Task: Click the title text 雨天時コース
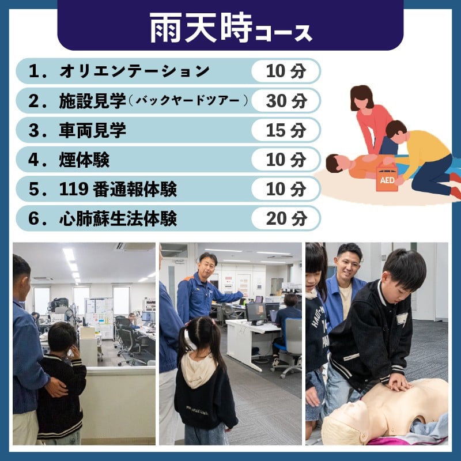[x=231, y=28]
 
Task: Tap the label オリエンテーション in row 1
[x=134, y=71]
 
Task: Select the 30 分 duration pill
[x=286, y=101]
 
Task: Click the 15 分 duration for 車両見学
[x=286, y=130]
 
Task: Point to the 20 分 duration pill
[x=286, y=218]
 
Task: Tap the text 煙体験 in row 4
[x=84, y=160]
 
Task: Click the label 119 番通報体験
[x=118, y=189]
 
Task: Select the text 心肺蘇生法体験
[x=118, y=218]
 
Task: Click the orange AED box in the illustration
[x=386, y=177]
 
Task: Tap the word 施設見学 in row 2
[x=93, y=101]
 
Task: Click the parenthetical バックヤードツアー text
[x=188, y=101]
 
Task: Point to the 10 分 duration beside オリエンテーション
[x=286, y=71]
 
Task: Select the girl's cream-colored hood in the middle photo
[x=198, y=369]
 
